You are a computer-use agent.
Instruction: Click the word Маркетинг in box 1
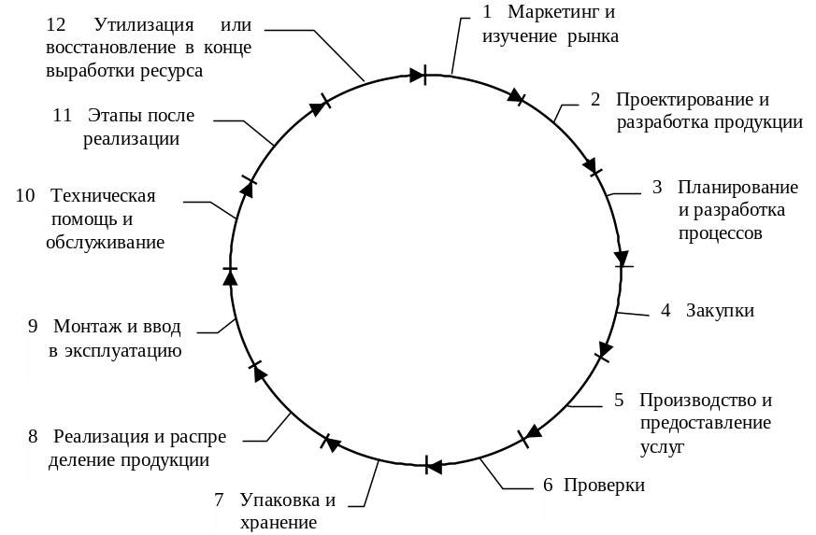[554, 13]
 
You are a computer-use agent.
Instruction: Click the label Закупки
[720, 310]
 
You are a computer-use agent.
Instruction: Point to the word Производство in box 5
[693, 401]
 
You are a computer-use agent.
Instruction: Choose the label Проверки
[606, 486]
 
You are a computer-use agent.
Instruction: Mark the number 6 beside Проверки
[549, 486]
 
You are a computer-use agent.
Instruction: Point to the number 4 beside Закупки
[666, 310]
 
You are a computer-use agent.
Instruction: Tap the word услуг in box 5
[663, 446]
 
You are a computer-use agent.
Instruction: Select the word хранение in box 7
[279, 522]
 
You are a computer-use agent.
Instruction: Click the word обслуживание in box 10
[105, 243]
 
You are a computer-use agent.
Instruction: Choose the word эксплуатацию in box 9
[122, 351]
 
